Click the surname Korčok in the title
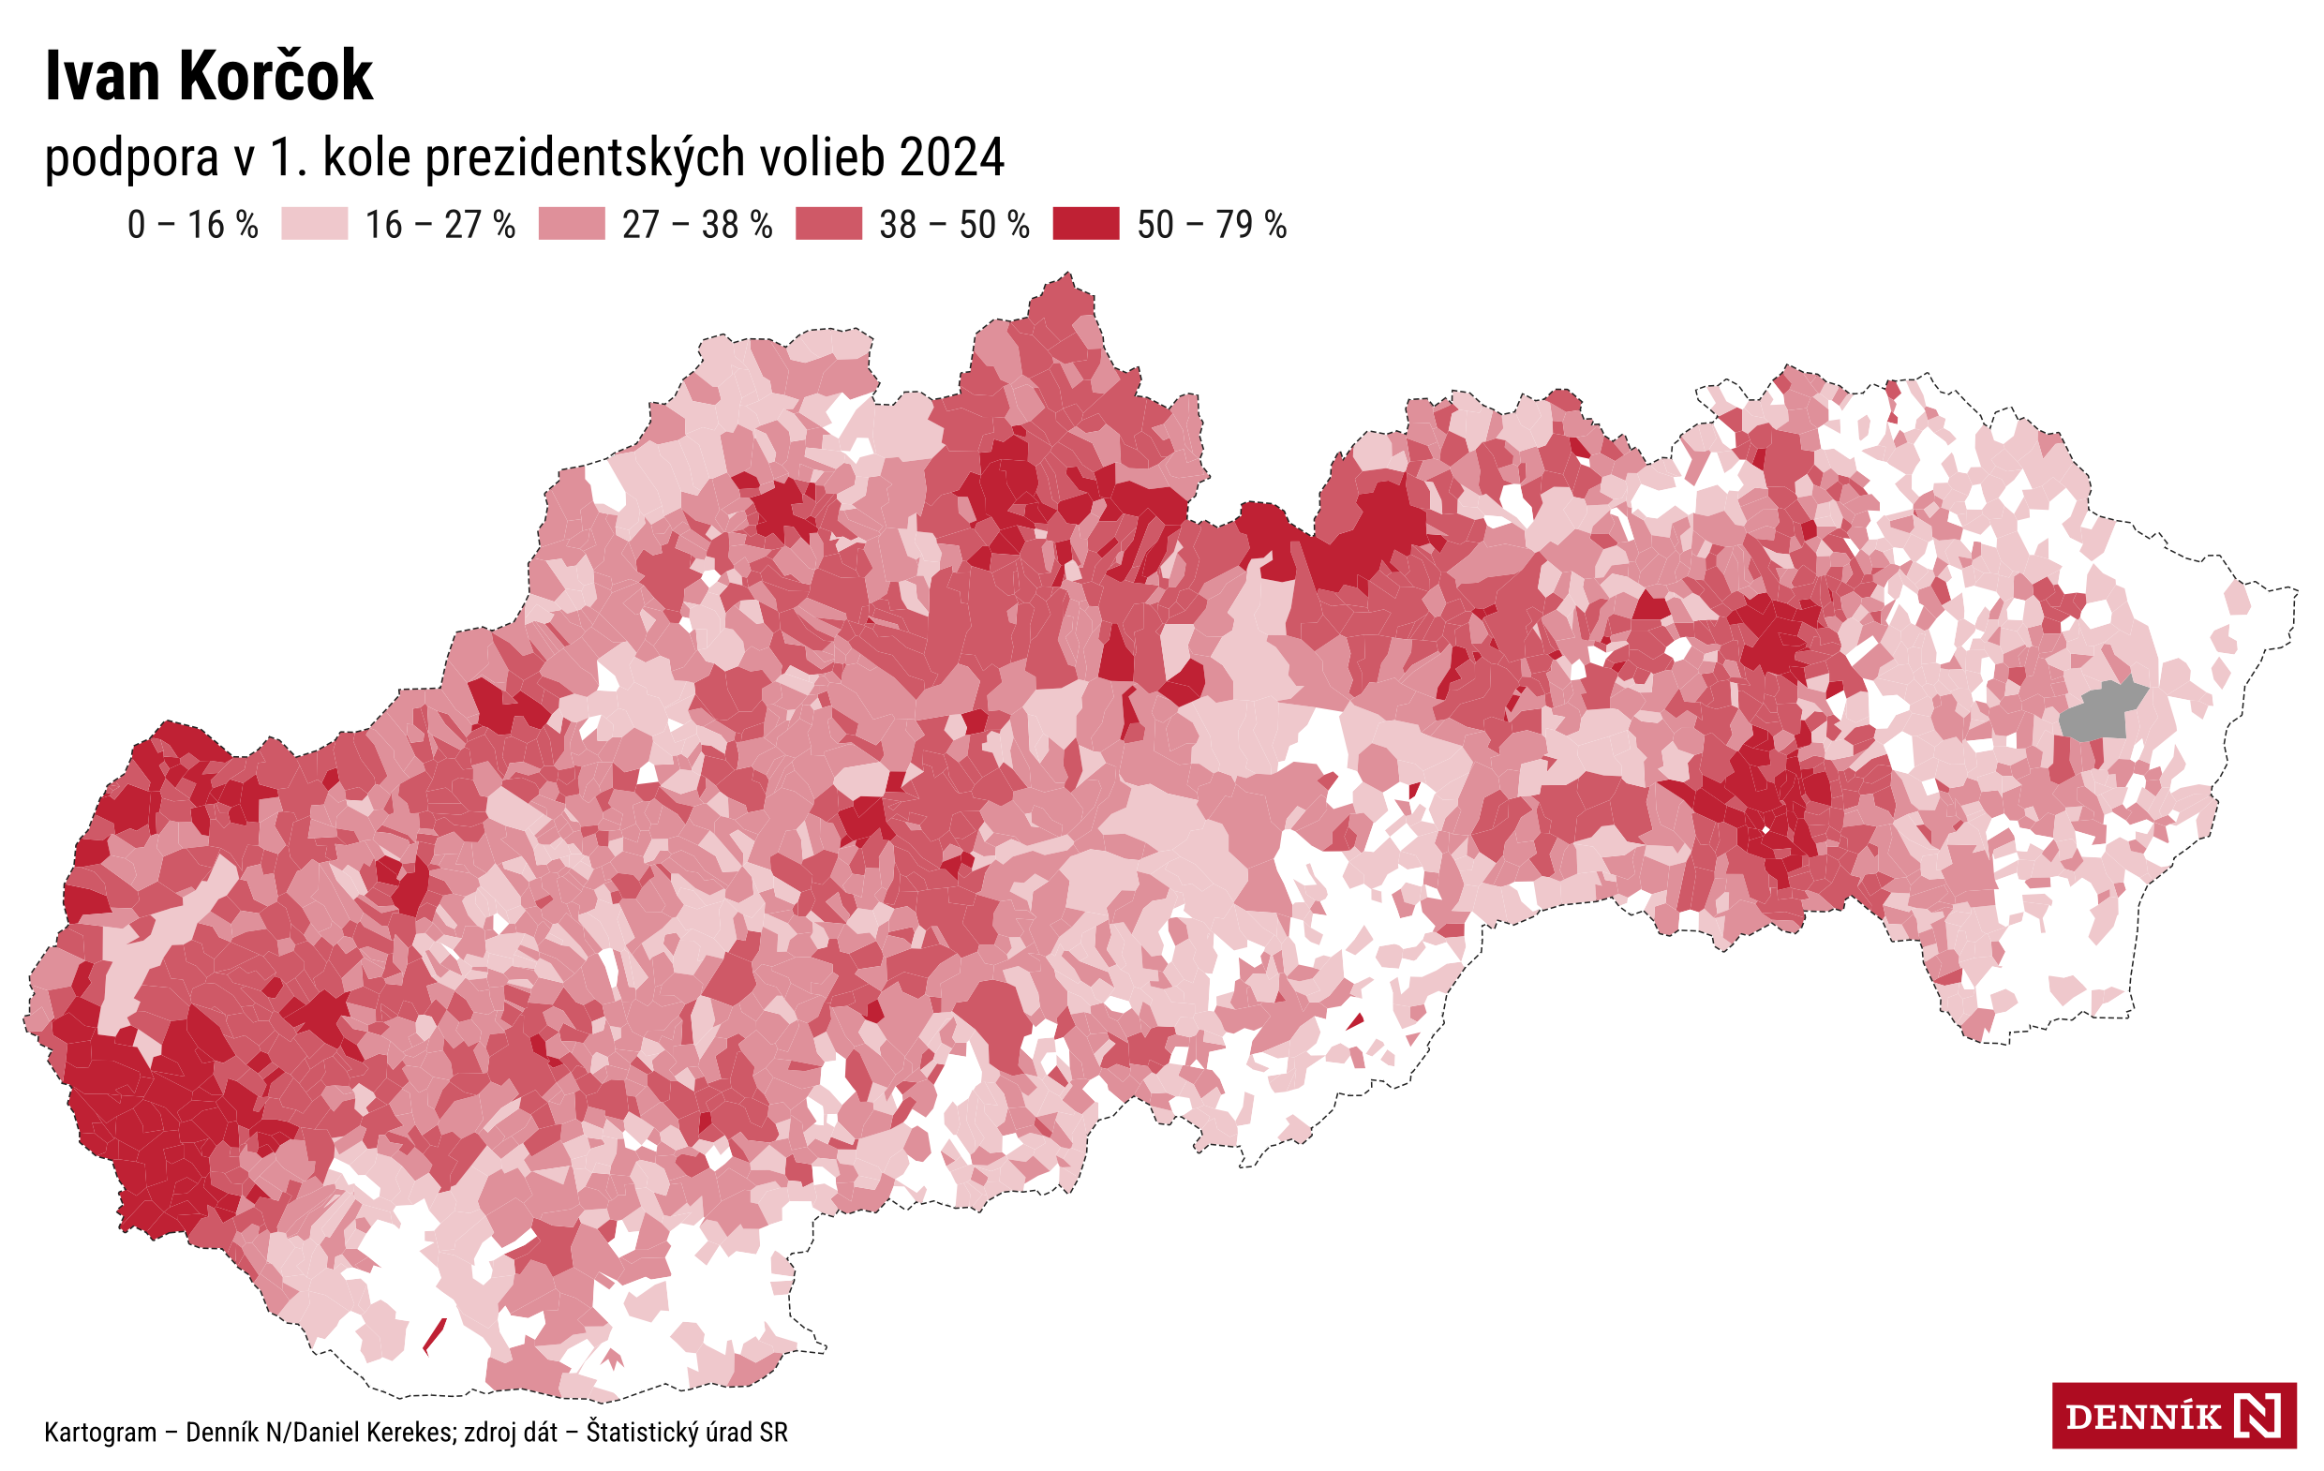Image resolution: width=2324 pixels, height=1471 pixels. click(276, 76)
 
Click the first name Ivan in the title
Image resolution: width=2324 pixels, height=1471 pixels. click(102, 76)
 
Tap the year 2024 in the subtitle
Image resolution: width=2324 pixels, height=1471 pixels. click(951, 157)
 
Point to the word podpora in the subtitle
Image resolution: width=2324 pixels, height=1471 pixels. click(131, 157)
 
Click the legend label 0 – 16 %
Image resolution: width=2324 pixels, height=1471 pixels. click(193, 225)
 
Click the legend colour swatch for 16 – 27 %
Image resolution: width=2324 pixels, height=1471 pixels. click(315, 224)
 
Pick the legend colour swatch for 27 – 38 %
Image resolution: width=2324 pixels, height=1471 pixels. click(572, 224)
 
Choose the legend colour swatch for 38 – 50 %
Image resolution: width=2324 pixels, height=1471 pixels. click(828, 224)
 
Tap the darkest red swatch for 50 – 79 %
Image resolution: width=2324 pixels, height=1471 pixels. click(1086, 224)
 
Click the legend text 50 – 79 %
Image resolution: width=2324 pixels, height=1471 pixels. click(1212, 225)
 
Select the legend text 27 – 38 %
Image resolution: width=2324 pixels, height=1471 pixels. click(697, 225)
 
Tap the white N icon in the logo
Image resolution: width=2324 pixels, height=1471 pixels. click(2258, 1416)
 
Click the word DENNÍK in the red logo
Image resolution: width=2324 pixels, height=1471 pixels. click(2141, 1417)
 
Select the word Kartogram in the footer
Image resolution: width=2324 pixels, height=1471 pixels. click(100, 1433)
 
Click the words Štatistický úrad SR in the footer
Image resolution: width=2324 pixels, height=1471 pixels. click(686, 1432)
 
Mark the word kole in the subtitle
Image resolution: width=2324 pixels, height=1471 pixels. click(367, 157)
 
